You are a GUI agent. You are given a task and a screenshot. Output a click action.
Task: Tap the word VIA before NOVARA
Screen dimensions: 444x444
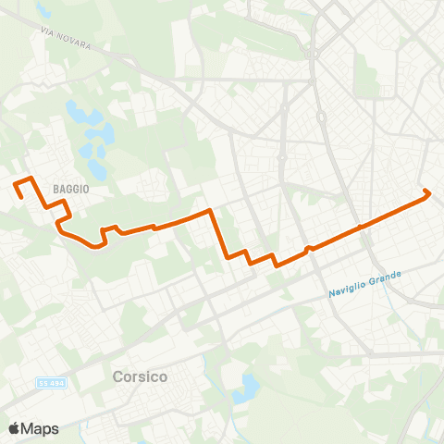pyautogui.click(x=49, y=30)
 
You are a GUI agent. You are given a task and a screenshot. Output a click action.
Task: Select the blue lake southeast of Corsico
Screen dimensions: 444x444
pyautogui.click(x=247, y=388)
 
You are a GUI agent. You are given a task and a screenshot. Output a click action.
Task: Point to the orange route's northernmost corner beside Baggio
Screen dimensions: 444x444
pyautogui.click(x=31, y=177)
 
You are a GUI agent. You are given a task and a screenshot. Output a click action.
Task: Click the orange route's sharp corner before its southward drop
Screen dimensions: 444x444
pyautogui.click(x=213, y=211)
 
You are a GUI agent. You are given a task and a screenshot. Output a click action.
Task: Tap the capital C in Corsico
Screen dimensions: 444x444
pyautogui.click(x=117, y=377)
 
